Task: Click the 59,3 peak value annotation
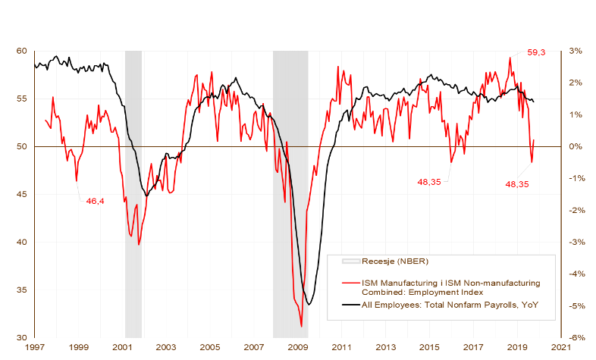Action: (x=537, y=53)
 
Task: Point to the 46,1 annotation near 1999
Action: (x=95, y=202)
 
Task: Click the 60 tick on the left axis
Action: (x=20, y=51)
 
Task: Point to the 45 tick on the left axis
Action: (x=20, y=195)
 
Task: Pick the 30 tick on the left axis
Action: (x=20, y=338)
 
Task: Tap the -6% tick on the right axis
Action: (x=575, y=338)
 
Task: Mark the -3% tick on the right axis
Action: (x=575, y=243)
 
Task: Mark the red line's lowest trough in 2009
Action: (x=302, y=326)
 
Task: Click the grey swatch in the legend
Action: (x=350, y=262)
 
